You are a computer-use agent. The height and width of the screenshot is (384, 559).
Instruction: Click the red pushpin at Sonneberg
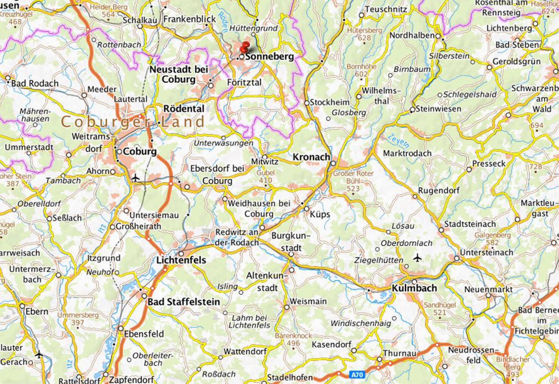pos(245,46)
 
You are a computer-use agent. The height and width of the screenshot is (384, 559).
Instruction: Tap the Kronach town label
pos(311,157)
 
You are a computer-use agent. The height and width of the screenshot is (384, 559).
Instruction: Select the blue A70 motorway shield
pos(357,375)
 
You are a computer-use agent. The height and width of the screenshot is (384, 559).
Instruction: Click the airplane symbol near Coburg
pos(136,178)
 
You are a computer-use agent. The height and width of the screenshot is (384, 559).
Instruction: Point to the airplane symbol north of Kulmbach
pos(417,258)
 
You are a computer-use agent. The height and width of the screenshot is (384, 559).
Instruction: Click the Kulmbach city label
pos(414,288)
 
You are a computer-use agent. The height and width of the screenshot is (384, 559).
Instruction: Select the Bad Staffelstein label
pos(184,302)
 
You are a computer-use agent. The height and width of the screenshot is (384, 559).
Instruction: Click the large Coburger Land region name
pos(133,122)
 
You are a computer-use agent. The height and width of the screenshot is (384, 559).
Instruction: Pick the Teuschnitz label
pos(386,9)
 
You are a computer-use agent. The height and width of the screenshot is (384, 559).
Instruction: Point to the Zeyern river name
pos(398,141)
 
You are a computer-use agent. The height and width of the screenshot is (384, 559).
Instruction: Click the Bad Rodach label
pos(35,84)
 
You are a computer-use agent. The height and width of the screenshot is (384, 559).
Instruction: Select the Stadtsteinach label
pos(470,224)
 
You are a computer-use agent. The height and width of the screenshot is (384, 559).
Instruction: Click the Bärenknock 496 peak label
pos(293,339)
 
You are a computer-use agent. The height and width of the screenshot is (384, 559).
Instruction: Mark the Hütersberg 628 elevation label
pos(365,34)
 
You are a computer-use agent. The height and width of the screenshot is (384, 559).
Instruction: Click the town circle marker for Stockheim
pos(307,103)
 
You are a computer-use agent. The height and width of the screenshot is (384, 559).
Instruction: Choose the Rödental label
pos(184,109)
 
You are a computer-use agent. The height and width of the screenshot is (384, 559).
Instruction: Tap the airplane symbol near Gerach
pos(39,355)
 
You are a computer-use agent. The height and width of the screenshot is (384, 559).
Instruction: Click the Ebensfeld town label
pos(144,334)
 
